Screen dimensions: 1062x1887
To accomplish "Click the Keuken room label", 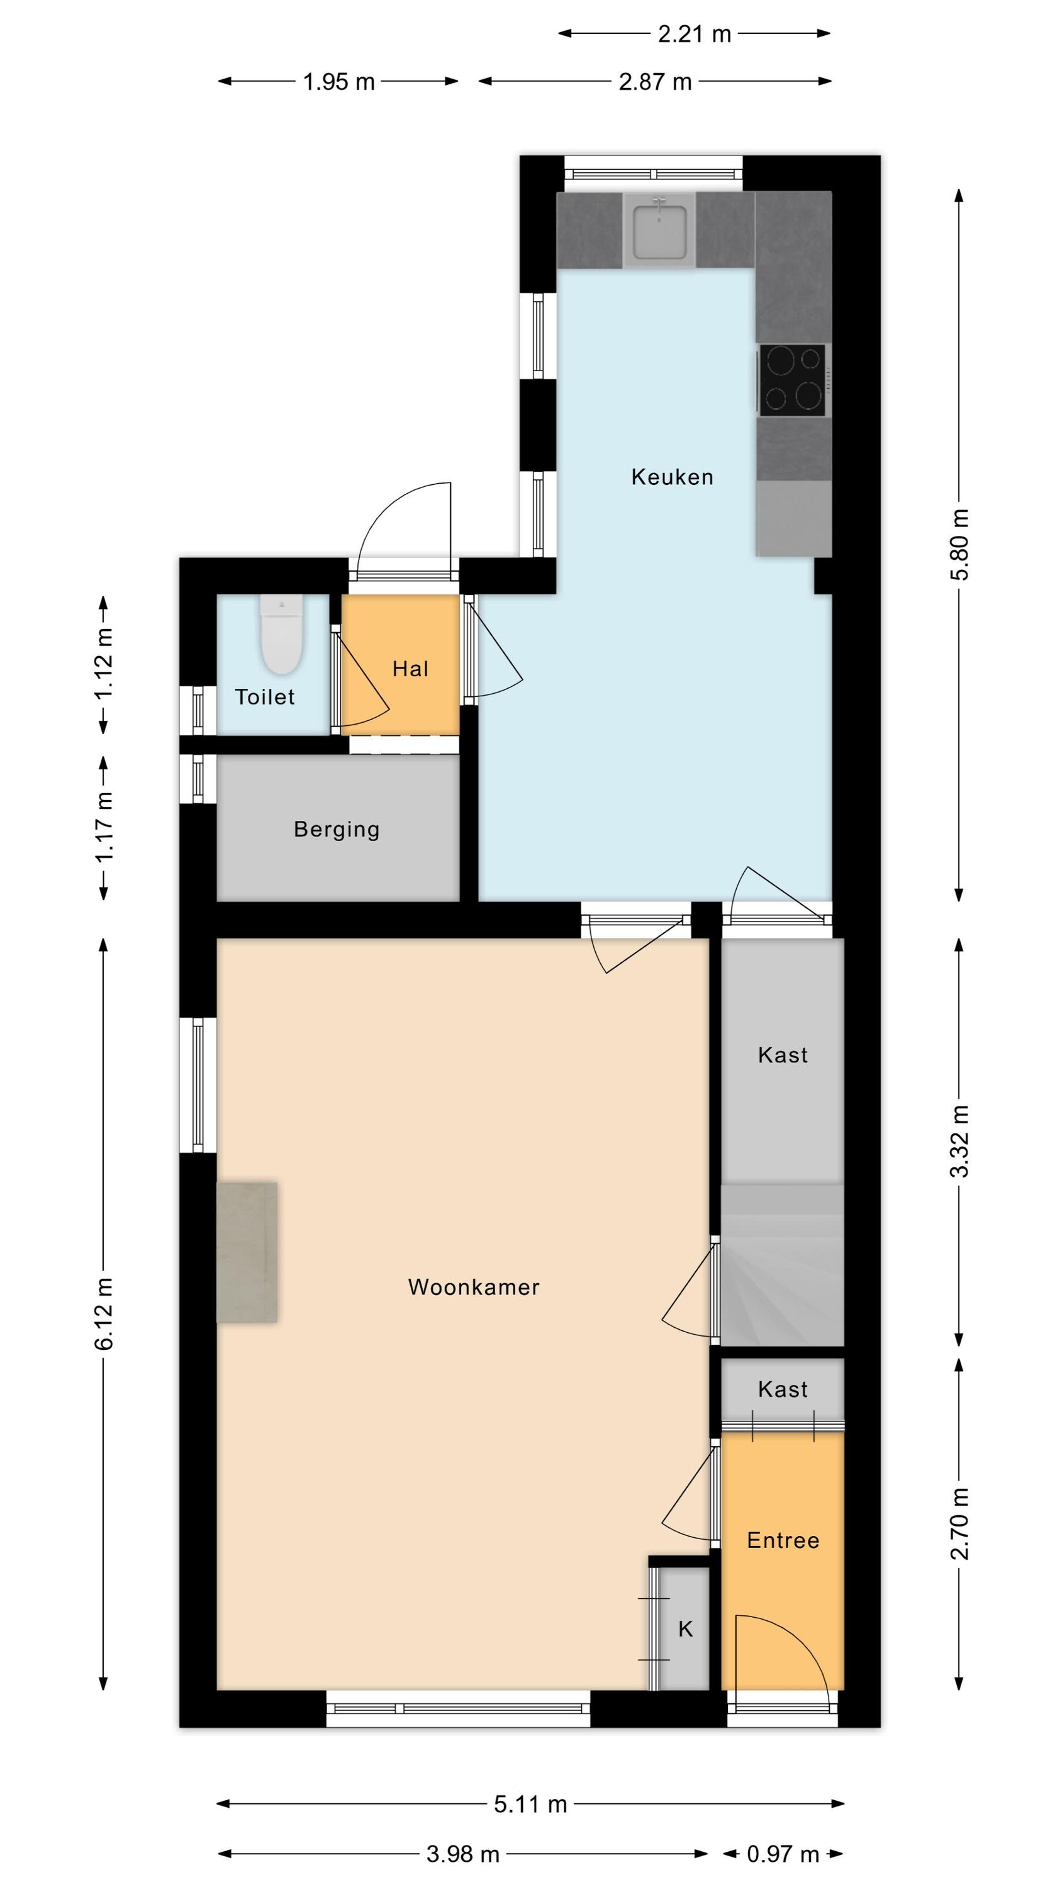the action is tap(672, 477).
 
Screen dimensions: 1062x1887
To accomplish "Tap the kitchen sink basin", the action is tap(659, 231).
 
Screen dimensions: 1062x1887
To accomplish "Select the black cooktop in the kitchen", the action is tap(792, 379).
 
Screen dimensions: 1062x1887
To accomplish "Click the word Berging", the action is tap(337, 829).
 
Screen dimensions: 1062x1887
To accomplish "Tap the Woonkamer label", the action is tap(474, 1287).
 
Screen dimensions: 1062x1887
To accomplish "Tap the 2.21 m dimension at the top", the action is tap(694, 34).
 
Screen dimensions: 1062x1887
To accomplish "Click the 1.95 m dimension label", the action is tap(338, 81).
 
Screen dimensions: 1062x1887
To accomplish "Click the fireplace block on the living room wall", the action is tap(247, 1252).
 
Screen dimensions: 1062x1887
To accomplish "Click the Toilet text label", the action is tap(265, 697).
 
